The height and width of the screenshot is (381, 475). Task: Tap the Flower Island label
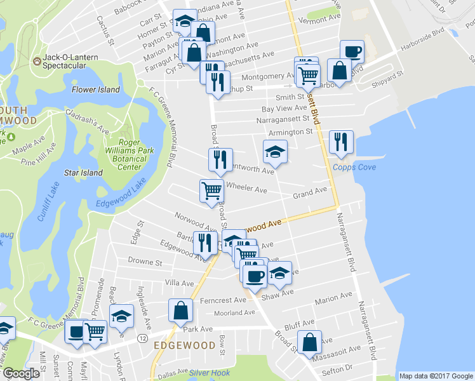95,90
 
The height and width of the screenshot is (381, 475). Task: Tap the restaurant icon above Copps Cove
342,142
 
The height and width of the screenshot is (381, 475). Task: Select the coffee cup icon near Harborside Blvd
351,52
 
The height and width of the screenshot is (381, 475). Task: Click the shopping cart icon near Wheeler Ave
211,190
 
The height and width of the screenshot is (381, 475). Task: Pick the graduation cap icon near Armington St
275,152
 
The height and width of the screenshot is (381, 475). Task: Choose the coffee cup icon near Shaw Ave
255,276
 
